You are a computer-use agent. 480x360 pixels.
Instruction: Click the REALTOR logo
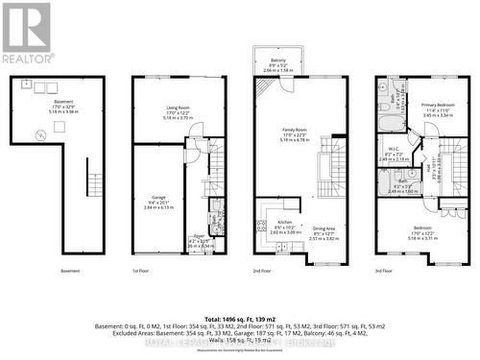tap(26, 33)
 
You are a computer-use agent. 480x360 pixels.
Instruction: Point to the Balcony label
tap(278, 60)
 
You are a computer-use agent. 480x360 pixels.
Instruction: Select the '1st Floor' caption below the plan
tap(142, 272)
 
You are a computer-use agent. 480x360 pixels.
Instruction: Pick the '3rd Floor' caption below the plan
tap(383, 272)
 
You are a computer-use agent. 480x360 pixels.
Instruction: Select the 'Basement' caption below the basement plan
tap(70, 272)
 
